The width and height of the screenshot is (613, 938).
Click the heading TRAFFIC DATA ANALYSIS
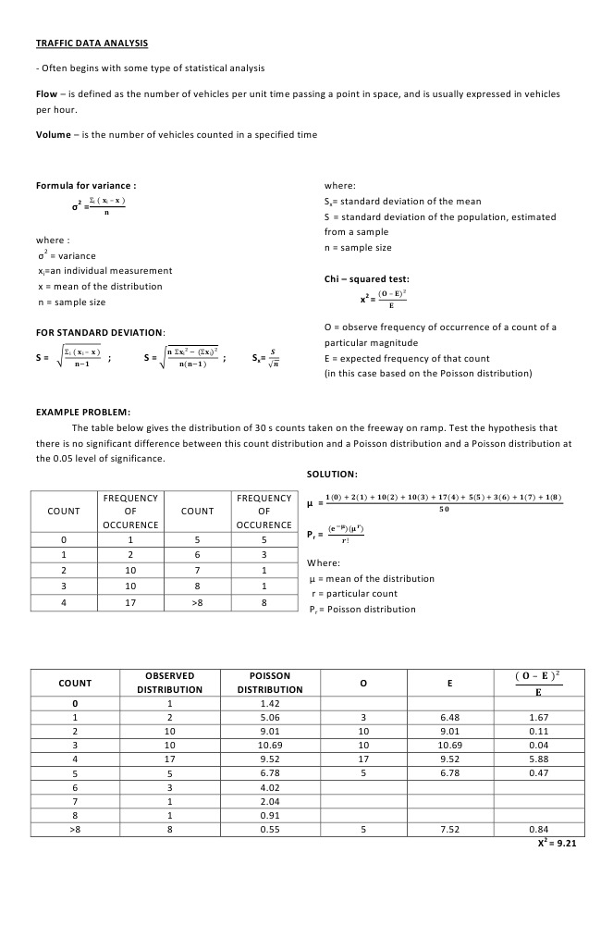(92, 43)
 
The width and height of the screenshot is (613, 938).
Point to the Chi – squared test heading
(366, 278)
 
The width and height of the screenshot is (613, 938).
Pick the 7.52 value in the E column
(448, 829)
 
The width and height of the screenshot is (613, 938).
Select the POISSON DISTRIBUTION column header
(270, 683)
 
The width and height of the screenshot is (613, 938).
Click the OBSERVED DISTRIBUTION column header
(169, 683)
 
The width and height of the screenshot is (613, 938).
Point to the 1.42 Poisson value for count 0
(270, 702)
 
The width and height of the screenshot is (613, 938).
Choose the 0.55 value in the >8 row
(270, 829)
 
